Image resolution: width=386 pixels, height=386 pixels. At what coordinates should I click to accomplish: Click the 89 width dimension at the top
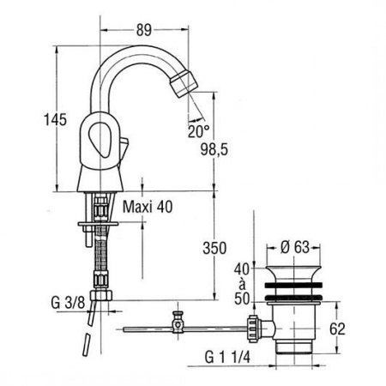(x=143, y=29)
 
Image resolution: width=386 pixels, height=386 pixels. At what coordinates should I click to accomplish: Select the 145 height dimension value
(x=55, y=119)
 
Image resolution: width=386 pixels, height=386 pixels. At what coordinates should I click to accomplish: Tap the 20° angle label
(x=198, y=132)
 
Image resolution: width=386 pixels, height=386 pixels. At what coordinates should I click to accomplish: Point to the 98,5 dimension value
(x=214, y=149)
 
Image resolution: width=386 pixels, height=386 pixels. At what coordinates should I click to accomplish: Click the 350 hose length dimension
(x=214, y=248)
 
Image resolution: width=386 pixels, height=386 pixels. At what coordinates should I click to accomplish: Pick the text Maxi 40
(x=148, y=207)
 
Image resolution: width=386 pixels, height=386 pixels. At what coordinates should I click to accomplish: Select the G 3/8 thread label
(x=68, y=302)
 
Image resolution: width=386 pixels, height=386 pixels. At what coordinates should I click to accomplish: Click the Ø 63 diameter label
(x=294, y=247)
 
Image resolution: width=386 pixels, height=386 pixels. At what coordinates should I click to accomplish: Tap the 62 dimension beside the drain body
(x=337, y=329)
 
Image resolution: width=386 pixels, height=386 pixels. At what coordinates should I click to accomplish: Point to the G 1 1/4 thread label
(x=227, y=357)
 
